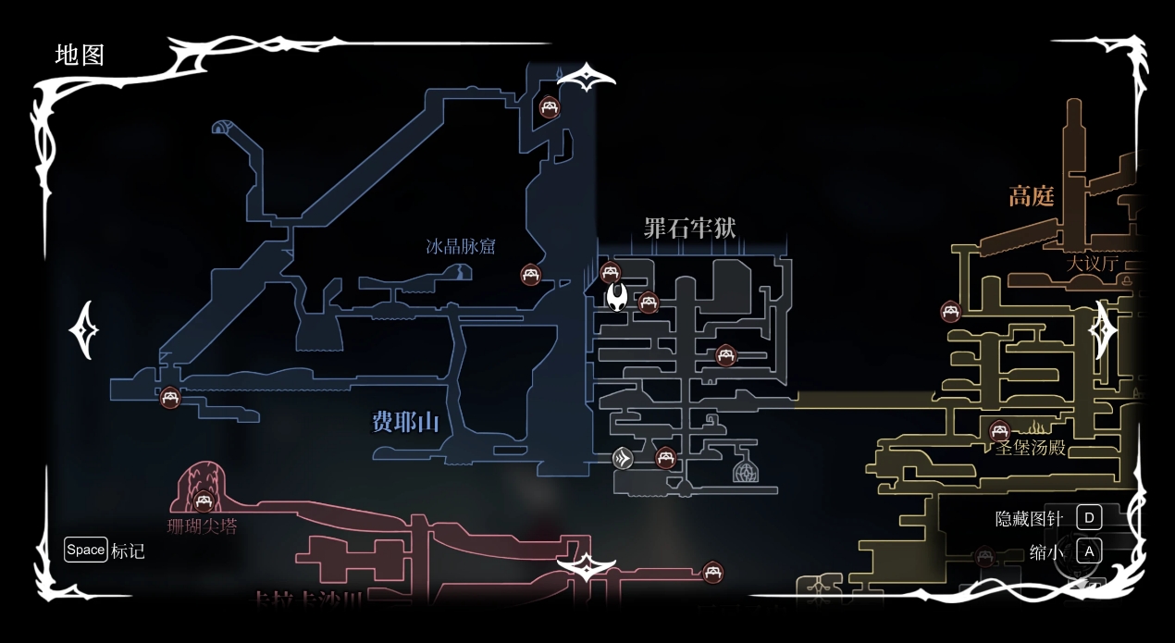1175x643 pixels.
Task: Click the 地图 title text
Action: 80,55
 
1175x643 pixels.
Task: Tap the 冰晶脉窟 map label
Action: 461,246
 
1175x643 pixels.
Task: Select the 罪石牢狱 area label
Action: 689,228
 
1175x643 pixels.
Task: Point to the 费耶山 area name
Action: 405,423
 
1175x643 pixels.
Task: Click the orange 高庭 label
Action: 1031,196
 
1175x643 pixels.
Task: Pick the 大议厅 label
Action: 1093,263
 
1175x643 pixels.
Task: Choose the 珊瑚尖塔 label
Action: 202,526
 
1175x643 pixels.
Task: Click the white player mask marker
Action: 617,296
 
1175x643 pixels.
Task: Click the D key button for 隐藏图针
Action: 1089,517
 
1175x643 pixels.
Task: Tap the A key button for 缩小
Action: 1089,551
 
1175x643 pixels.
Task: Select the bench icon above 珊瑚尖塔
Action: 204,501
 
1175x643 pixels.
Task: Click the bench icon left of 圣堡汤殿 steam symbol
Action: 999,430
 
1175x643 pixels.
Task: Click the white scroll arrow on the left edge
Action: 85,329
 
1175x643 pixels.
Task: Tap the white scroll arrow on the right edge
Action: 1102,329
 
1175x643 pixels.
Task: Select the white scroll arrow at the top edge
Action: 587,79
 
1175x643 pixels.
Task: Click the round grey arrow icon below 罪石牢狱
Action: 624,458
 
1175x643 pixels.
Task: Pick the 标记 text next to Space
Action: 128,551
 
